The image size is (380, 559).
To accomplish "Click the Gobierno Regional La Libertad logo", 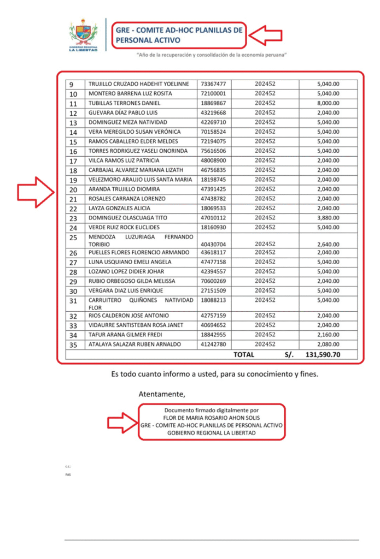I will coord(83,35).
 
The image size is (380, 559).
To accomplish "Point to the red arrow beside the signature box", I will coord(121,422).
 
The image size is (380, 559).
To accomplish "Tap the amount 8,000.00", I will coord(328,103).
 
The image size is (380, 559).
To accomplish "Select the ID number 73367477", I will coord(213,84).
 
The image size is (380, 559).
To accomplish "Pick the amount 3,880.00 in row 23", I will coord(328,218).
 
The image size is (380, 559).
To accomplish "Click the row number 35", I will coord(73,345).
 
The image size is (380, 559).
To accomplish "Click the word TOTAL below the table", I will coord(244,355).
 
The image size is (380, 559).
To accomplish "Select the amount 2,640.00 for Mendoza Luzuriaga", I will coord(328,244).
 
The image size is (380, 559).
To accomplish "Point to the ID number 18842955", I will coord(213,335).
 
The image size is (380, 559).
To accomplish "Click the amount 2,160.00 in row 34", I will coord(328,335).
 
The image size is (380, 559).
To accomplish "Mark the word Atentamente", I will coord(162,394).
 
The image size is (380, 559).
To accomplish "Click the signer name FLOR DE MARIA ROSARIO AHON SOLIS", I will coord(211,417).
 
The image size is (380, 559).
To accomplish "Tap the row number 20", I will coord(73,190).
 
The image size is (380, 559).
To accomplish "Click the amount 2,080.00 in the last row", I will coord(328,344).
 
